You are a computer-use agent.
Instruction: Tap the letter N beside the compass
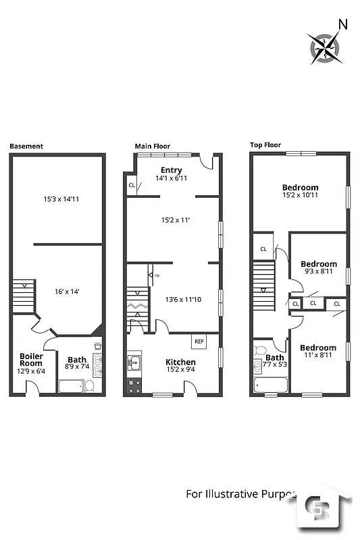pos(342,25)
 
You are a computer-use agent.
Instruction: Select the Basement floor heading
pos(26,146)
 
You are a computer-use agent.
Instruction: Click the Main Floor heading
pos(152,146)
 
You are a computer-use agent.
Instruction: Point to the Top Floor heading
pos(265,144)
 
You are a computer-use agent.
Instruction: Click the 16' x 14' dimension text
pos(68,291)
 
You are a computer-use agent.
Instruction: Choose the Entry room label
pos(171,169)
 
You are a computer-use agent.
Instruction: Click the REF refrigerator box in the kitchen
pos(199,342)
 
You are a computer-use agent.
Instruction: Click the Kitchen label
pos(180,362)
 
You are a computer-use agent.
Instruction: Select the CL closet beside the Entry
pos(132,185)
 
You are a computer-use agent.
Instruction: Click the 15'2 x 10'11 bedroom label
pos(300,192)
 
